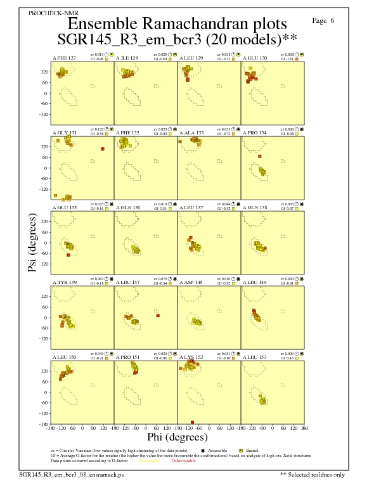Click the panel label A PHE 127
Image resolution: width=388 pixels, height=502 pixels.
(64, 58)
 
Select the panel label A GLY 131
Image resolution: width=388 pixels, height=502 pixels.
(64, 133)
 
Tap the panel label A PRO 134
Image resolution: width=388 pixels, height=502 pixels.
(254, 133)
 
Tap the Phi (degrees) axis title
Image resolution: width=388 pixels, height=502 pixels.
(177, 437)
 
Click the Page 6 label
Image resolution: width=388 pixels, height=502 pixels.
(323, 21)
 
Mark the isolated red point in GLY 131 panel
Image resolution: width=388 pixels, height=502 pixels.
(102, 149)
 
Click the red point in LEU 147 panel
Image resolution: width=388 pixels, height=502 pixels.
(158, 315)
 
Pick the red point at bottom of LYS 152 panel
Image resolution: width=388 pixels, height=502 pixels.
(192, 422)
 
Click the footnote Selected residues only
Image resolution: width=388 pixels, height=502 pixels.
(313, 474)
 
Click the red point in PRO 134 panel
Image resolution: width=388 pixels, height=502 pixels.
(259, 156)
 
